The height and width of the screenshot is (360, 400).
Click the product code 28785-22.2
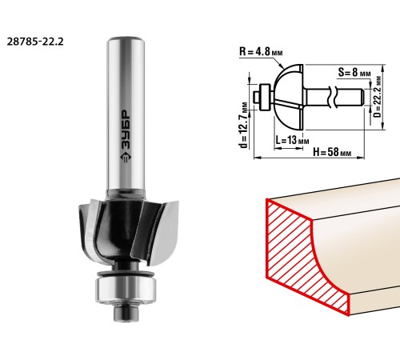(35, 42)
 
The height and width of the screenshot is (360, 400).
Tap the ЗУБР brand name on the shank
(125, 130)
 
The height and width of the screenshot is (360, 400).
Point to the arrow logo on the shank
(126, 158)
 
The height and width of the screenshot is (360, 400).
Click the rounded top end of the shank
(126, 40)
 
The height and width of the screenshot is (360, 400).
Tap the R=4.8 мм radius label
(261, 51)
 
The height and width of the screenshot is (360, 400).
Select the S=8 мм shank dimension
(354, 72)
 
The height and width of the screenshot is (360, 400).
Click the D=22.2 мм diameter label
(377, 97)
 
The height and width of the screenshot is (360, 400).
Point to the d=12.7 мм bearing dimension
(244, 125)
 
